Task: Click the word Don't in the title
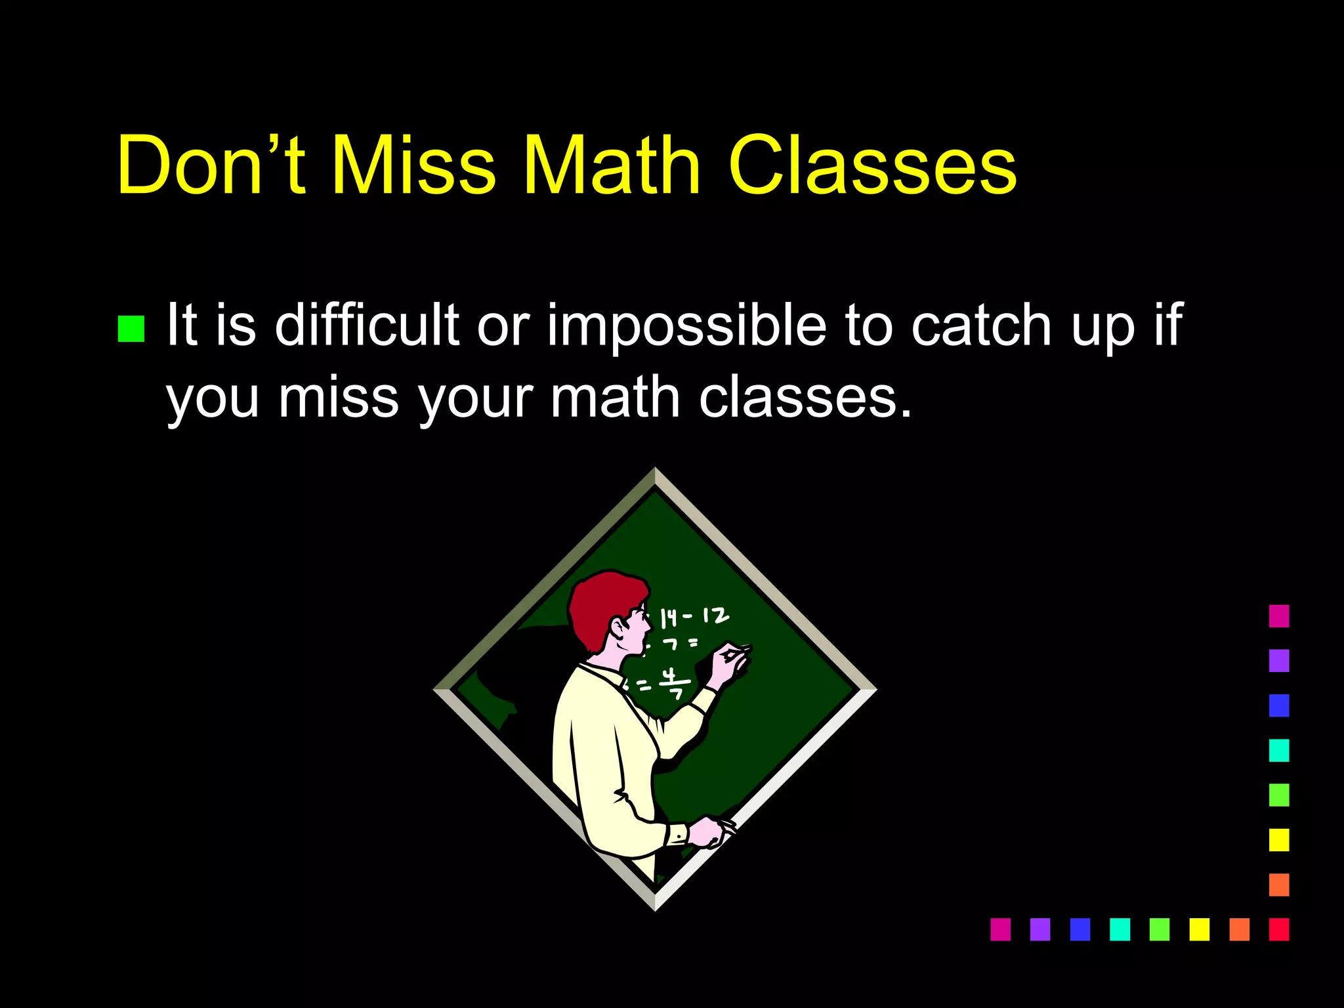[x=211, y=165]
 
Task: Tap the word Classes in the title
[x=872, y=165]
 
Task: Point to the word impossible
[x=686, y=326]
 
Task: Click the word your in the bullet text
[x=476, y=398]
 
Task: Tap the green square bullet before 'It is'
[x=131, y=329]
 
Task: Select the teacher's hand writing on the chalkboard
[x=729, y=663]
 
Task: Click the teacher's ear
[x=619, y=627]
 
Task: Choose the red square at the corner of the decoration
[x=1278, y=929]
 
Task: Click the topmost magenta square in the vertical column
[x=1278, y=616]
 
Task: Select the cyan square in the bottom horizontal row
[x=1120, y=929]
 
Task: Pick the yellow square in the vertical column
[x=1278, y=840]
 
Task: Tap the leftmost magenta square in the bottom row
[x=1000, y=929]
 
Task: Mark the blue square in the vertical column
[x=1278, y=705]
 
